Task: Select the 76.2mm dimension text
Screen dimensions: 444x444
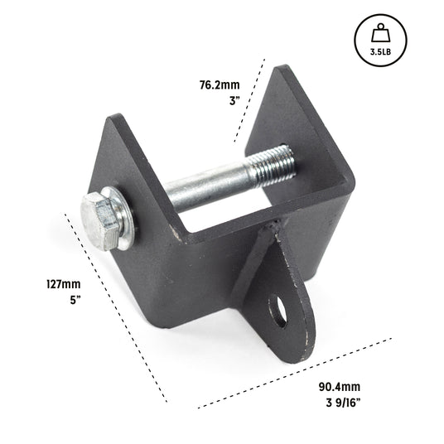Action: (x=219, y=84)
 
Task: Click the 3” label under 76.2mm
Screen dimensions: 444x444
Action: (x=233, y=100)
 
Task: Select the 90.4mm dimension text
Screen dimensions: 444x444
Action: (x=340, y=387)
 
